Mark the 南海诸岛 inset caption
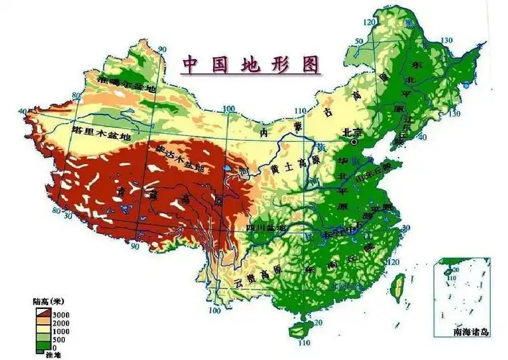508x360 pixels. (x=471, y=332)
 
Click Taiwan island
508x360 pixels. (x=395, y=287)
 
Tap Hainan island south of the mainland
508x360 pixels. (x=296, y=330)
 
